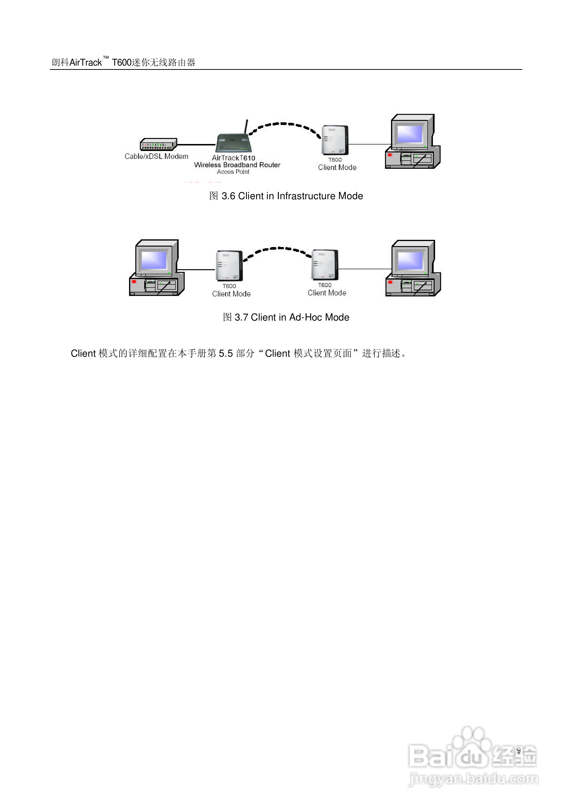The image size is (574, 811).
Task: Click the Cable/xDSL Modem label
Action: tap(156, 157)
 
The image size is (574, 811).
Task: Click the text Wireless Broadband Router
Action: tap(237, 165)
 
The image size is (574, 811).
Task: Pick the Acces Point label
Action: tap(233, 172)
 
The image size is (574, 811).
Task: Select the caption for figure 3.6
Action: tap(286, 196)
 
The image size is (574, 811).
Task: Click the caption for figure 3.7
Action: tap(286, 317)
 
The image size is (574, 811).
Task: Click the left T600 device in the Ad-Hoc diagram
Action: tap(229, 265)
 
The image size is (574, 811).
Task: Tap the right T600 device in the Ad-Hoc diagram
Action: tap(325, 264)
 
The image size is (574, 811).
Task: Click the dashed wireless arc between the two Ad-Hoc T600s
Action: tap(278, 249)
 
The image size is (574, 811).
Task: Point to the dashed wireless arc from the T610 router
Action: tap(285, 124)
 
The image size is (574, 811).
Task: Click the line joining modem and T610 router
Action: tap(196, 144)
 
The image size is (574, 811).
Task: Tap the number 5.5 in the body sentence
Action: tap(226, 353)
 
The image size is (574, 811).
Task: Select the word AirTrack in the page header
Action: tap(85, 63)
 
